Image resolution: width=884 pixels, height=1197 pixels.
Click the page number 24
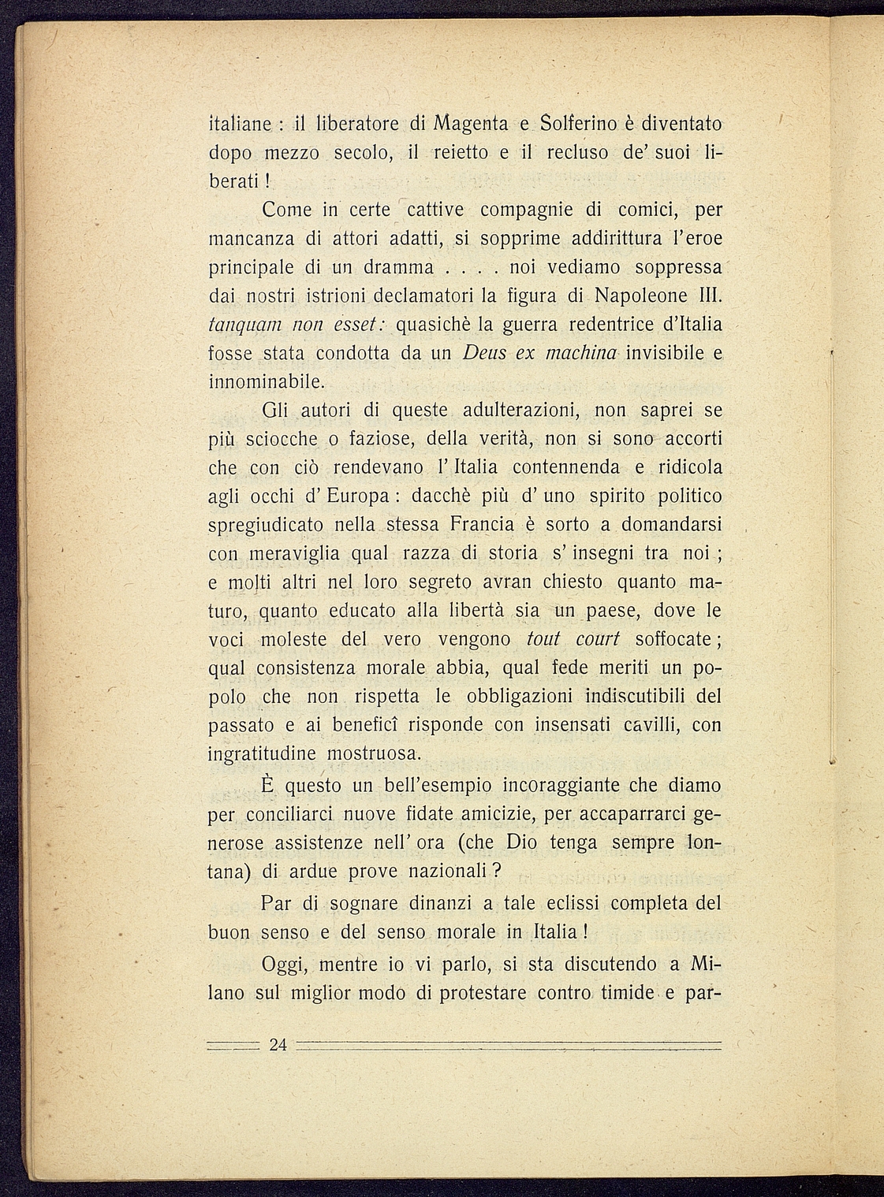click(x=278, y=1046)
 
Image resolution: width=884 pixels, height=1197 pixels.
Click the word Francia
click(x=482, y=525)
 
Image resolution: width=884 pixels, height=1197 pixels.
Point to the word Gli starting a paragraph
click(x=275, y=411)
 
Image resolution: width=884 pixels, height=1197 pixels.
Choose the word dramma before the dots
click(x=398, y=268)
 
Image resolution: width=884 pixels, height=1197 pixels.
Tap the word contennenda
click(x=566, y=467)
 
